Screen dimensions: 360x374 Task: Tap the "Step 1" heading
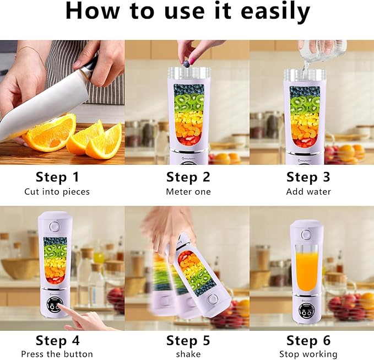pos(57,177)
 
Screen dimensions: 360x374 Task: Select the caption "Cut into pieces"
pos(57,192)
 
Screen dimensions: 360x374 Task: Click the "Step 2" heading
pos(188,177)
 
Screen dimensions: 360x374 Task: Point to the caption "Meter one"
pos(188,192)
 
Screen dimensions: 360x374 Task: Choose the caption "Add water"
pos(308,192)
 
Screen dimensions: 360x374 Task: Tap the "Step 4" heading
pos(57,340)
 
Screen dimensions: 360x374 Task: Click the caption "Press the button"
pos(57,354)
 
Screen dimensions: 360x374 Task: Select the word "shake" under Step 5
pos(188,354)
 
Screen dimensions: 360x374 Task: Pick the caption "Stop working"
pos(308,354)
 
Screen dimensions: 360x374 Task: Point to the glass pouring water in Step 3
pos(325,50)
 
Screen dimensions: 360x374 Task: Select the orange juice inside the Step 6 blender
pos(307,267)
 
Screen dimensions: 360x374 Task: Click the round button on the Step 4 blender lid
pos(54,227)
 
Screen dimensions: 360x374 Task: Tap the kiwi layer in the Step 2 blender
pos(189,101)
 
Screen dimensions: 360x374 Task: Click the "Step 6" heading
pos(308,340)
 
